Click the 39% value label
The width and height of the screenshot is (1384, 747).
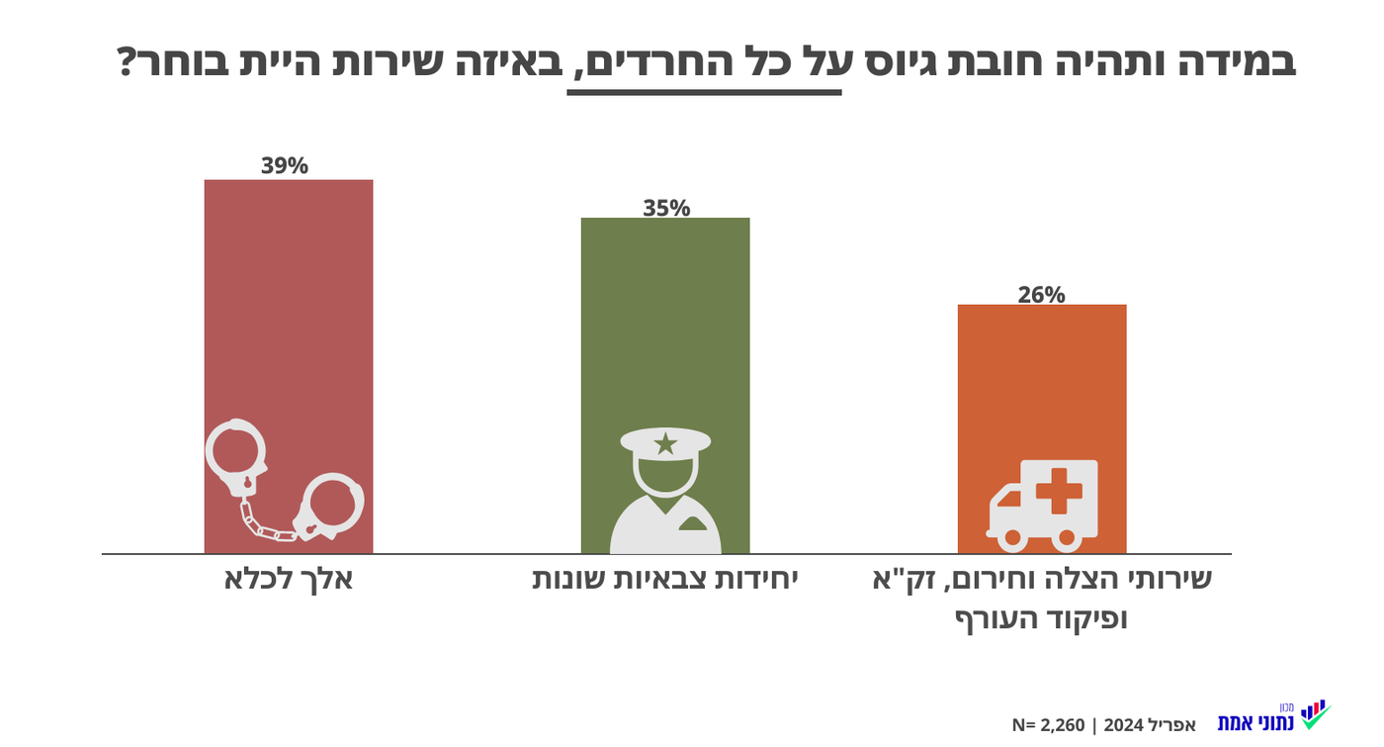(285, 165)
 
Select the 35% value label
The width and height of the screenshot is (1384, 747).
(665, 208)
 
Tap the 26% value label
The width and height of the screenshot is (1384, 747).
(1041, 294)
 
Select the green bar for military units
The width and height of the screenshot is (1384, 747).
(664, 327)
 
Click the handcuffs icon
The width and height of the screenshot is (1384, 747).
(285, 481)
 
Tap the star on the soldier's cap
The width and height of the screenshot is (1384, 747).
(665, 443)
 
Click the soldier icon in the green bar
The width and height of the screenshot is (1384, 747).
(665, 491)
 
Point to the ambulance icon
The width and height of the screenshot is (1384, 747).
(1043, 505)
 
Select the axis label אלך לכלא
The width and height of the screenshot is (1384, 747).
(288, 579)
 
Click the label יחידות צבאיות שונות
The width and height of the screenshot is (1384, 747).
(664, 579)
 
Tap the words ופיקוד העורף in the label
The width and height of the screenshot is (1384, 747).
(1040, 620)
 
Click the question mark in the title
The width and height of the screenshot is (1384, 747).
(128, 62)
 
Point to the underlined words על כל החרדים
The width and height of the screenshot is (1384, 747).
(704, 62)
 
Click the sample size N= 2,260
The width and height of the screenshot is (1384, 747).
(1047, 725)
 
